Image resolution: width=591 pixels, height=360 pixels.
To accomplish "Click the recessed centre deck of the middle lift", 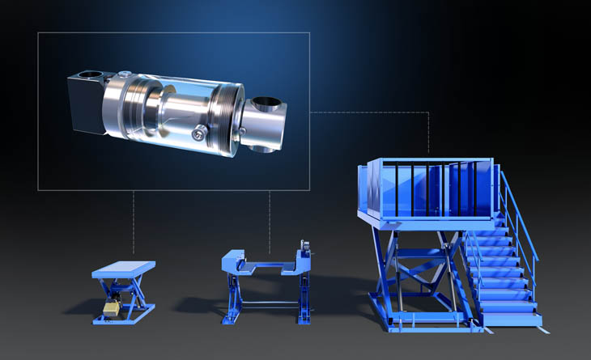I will (x=267, y=267).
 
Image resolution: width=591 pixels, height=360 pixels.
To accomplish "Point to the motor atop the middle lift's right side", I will (x=305, y=245).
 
